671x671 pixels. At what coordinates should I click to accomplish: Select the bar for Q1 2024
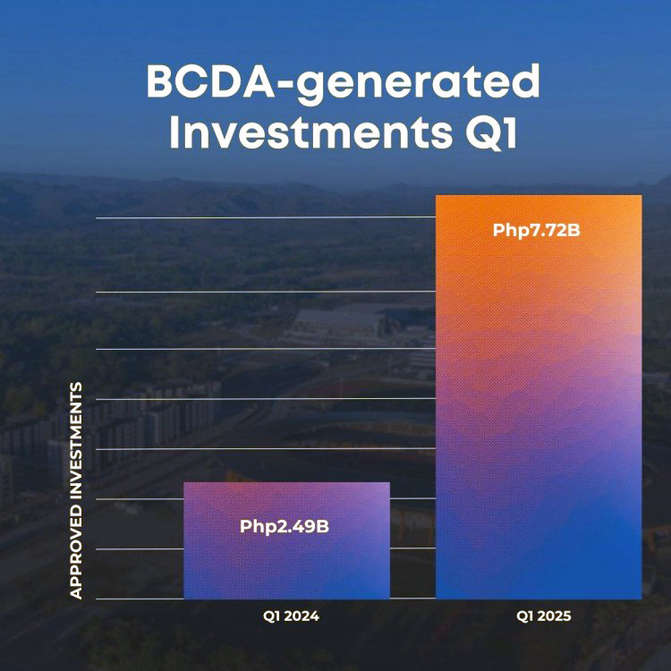click(x=286, y=540)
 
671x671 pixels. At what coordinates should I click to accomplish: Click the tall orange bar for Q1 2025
click(x=539, y=397)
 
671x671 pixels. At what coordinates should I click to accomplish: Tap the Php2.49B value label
click(x=285, y=527)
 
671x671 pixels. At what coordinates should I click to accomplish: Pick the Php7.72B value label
click(x=536, y=231)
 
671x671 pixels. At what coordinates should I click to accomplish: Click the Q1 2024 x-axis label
click(x=291, y=616)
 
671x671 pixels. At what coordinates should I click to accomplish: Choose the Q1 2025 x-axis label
click(x=543, y=616)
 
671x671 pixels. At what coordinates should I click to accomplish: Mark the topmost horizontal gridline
click(x=266, y=217)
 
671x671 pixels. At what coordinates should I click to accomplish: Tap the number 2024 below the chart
click(x=302, y=616)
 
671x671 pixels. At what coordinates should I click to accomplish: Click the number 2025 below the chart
click(x=554, y=616)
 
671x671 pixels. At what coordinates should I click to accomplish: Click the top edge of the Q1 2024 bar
click(x=286, y=483)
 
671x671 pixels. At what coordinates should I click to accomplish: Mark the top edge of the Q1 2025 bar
click(x=539, y=196)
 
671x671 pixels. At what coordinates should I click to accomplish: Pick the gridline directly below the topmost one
click(x=266, y=292)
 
